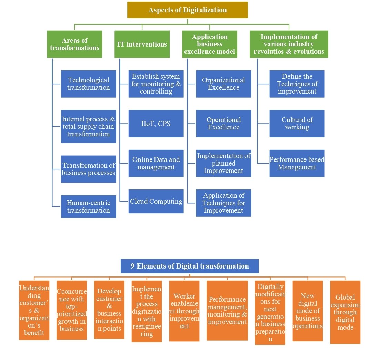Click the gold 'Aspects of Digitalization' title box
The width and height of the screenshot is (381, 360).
coord(187,10)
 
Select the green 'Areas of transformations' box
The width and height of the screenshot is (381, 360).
coord(74,44)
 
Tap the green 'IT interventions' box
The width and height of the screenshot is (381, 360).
coord(142,44)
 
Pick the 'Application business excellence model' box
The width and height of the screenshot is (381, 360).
coord(210,44)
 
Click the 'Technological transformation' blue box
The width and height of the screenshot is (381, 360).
coord(88,84)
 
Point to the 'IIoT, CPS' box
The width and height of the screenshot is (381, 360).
coord(156,124)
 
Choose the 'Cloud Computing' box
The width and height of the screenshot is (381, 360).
coord(156,201)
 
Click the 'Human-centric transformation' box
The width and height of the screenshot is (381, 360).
coord(88,206)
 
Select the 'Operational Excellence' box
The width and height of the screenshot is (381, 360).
coord(223,124)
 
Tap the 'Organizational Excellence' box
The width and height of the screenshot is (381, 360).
coord(223,84)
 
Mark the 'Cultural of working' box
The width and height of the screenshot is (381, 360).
coord(297,124)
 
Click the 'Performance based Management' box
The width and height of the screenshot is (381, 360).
coord(297,163)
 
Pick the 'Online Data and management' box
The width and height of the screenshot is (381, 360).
coord(156,163)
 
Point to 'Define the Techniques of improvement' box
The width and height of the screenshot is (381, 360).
coord(297,84)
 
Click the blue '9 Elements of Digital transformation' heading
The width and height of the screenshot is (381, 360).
coord(190,266)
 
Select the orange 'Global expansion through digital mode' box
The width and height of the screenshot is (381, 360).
coord(345,312)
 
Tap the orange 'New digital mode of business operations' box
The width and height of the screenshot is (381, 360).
coord(308,311)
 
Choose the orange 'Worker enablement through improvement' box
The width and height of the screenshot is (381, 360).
coord(184,311)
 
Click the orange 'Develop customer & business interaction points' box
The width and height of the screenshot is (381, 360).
coord(109,310)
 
